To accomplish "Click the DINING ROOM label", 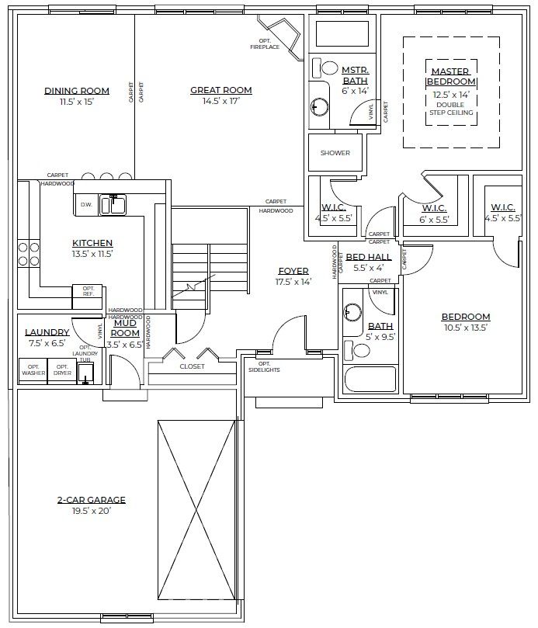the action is (x=77, y=91).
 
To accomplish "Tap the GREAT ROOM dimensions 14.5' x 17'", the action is (x=220, y=101).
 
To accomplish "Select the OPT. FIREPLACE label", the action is (x=265, y=44).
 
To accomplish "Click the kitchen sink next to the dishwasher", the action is (x=113, y=204).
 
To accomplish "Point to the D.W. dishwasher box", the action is (x=86, y=205).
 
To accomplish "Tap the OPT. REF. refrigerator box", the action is (x=88, y=297).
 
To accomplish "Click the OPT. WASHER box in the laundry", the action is (x=33, y=371).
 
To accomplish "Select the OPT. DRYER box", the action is (x=62, y=371).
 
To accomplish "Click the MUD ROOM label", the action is (x=125, y=328).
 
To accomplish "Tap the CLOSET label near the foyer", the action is (x=193, y=366).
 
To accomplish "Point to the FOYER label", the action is (x=293, y=271).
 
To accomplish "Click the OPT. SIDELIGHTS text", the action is (x=264, y=367).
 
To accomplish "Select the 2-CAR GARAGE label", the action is (x=91, y=500).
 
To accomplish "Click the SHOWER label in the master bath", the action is (x=335, y=153).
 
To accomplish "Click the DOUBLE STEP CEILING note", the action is (x=451, y=109).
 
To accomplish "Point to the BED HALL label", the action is (x=368, y=257).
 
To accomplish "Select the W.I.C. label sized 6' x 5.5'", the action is (x=434, y=208).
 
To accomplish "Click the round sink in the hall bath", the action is (x=352, y=311).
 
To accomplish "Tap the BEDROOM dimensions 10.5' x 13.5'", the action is (x=466, y=328).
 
